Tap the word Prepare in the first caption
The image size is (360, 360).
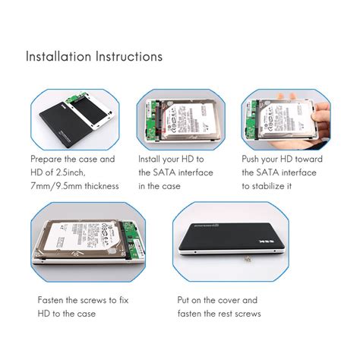(48, 159)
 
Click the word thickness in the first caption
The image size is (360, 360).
(100, 185)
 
